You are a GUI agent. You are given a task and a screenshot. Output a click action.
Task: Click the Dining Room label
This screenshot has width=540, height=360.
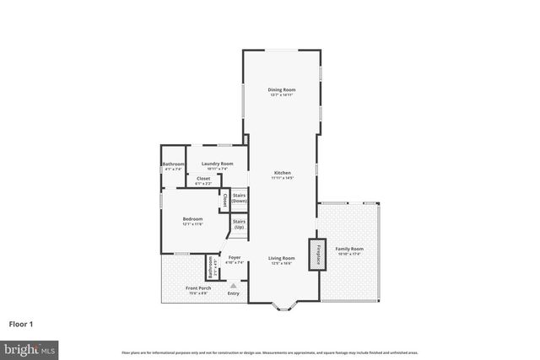pos(282,89)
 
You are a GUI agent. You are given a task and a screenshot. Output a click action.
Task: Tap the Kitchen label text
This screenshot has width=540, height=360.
pos(282,173)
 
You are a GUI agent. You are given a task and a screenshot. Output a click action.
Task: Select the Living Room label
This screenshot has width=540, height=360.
pos(282,258)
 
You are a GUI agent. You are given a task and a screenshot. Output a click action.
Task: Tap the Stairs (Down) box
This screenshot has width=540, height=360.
pos(239,199)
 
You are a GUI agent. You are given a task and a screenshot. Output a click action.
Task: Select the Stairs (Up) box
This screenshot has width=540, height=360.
pos(239,225)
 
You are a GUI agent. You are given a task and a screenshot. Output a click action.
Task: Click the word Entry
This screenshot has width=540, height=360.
pos(234,293)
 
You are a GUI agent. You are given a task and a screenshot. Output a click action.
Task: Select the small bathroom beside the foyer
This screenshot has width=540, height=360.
pos(211,267)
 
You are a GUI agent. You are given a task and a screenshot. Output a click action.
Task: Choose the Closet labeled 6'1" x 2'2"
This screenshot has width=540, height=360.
pos(203,180)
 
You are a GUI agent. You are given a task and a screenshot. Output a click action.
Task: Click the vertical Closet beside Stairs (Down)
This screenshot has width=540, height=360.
pos(224,201)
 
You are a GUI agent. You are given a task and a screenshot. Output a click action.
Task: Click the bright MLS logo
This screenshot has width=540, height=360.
pos(29,347)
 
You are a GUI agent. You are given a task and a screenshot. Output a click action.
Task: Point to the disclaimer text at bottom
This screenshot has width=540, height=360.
pos(269,351)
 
